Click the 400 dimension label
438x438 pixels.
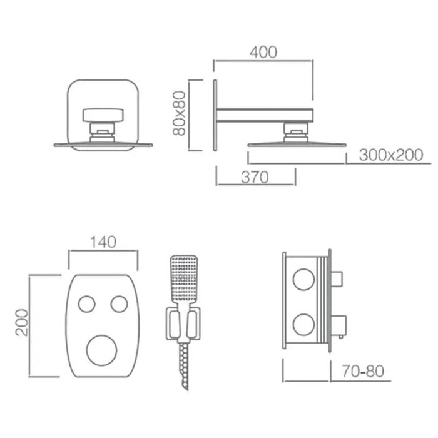point(263,52)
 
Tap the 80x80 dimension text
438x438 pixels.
point(180,113)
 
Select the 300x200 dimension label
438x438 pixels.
point(391,155)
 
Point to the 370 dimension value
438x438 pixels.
point(255,177)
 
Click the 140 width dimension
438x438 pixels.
point(103,242)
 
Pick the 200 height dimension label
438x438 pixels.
point(23,322)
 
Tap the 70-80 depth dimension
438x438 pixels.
point(362,371)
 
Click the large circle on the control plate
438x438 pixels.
point(101,350)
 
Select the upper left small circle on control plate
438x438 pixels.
point(86,304)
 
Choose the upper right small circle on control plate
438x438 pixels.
point(120,304)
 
